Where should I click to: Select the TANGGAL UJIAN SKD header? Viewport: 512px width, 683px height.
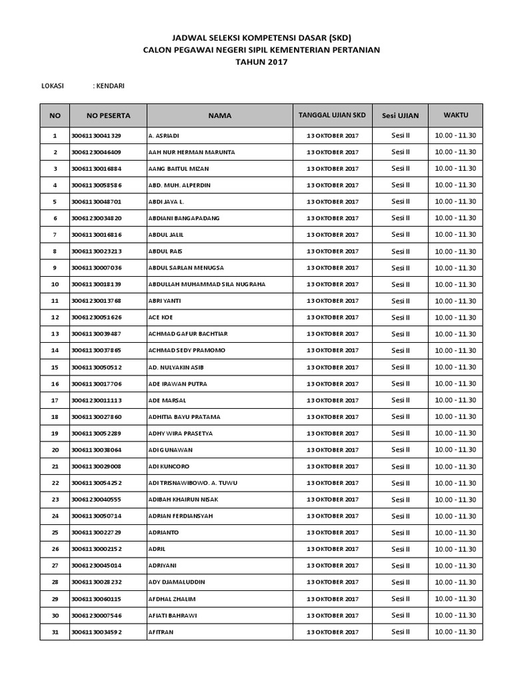tap(332, 115)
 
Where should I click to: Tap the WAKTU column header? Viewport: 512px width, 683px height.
tap(455, 115)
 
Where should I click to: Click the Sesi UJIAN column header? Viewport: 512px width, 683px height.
tap(400, 115)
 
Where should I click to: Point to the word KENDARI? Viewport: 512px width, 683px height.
tap(109, 85)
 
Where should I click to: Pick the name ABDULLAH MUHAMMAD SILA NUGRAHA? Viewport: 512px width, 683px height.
tap(207, 284)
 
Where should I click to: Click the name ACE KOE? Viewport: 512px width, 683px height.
tap(160, 317)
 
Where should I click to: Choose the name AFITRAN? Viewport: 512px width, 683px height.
tap(162, 632)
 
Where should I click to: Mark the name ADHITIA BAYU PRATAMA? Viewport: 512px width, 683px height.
tap(184, 417)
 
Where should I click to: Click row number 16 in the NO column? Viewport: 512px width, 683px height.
tap(55, 384)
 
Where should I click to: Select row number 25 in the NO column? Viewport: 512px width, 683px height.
tap(55, 532)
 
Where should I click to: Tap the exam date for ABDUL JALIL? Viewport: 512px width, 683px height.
tap(332, 235)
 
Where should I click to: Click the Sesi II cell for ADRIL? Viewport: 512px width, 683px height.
tap(400, 549)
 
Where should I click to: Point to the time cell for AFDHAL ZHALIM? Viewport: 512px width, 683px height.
tap(455, 599)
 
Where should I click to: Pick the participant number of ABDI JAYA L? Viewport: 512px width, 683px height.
tap(96, 201)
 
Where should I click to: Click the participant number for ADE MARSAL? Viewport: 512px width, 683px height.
tap(96, 400)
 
